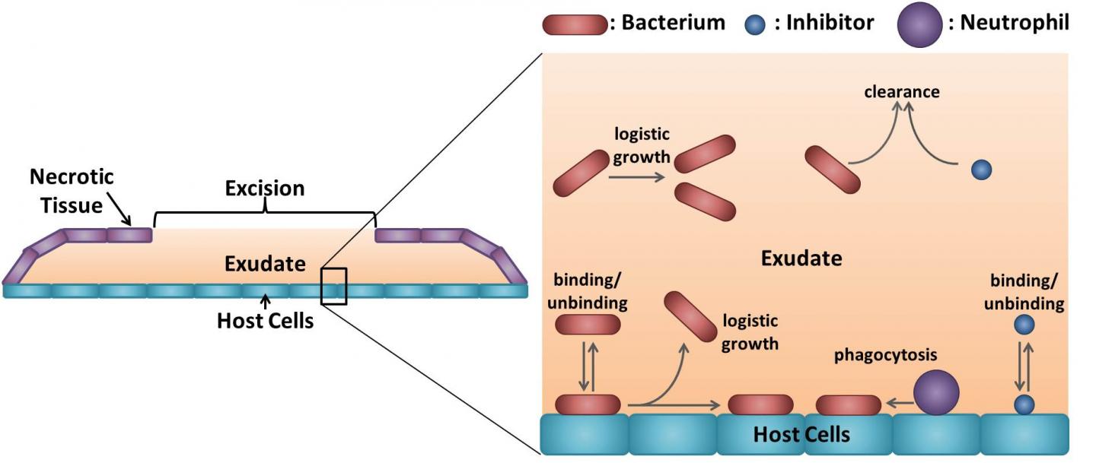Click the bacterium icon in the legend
[x=575, y=24]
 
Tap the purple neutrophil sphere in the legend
[x=919, y=24]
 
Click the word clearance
[x=902, y=92]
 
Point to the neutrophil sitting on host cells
[x=935, y=393]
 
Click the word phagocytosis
[x=885, y=355]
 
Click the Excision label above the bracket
[x=264, y=188]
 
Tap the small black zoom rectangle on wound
[x=334, y=286]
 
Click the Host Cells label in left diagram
[x=265, y=321]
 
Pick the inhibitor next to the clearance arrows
[x=981, y=170]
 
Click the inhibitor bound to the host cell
[x=1024, y=404]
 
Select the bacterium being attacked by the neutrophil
[x=848, y=405]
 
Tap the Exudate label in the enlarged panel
[x=801, y=258]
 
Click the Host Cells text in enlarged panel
[x=801, y=435]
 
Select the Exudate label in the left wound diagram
[x=265, y=264]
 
